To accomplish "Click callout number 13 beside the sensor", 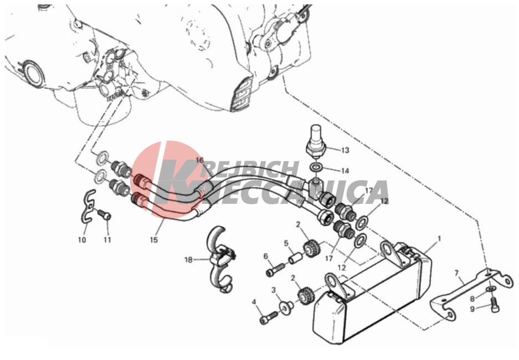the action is [x=345, y=151].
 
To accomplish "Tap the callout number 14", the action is [x=345, y=171].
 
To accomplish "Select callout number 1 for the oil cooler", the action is [x=439, y=239].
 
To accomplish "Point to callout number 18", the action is [x=188, y=260].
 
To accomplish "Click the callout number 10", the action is [x=82, y=240].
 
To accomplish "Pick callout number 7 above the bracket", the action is [x=457, y=273].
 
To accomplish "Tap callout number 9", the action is [x=472, y=309].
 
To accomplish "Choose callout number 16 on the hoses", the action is [x=199, y=161].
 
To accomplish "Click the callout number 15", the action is [x=154, y=240].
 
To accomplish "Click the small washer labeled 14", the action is [x=316, y=168].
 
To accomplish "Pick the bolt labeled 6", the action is [x=275, y=269].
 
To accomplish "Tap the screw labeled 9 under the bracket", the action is [x=494, y=304].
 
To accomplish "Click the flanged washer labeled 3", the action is [x=285, y=306].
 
